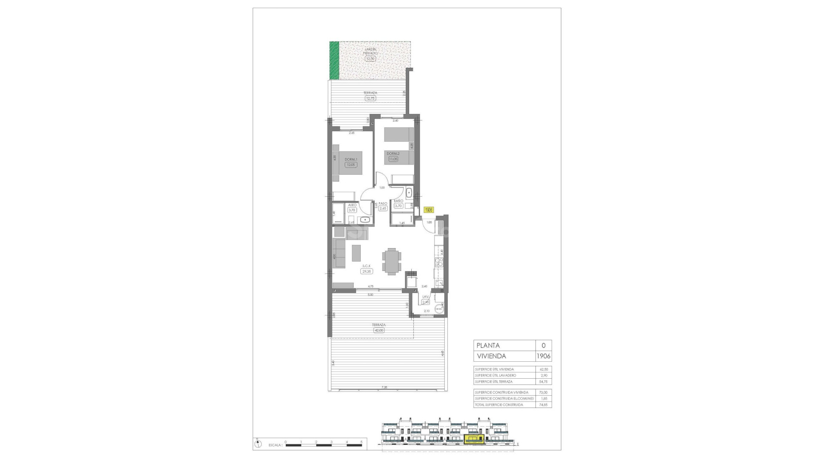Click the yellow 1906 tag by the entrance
(x=429, y=209)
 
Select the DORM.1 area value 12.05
(x=351, y=165)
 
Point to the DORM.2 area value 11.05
(x=393, y=159)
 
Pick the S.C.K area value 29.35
(x=367, y=271)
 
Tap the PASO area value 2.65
(x=383, y=209)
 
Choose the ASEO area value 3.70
(x=352, y=210)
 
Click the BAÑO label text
(x=398, y=201)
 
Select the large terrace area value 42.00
(x=379, y=330)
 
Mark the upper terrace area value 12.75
(x=370, y=98)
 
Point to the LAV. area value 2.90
(x=426, y=302)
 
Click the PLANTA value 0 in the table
(x=544, y=346)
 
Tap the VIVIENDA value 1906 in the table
(x=544, y=356)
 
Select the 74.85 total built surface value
(x=544, y=405)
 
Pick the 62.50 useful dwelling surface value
(x=544, y=369)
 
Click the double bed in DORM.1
(x=350, y=162)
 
